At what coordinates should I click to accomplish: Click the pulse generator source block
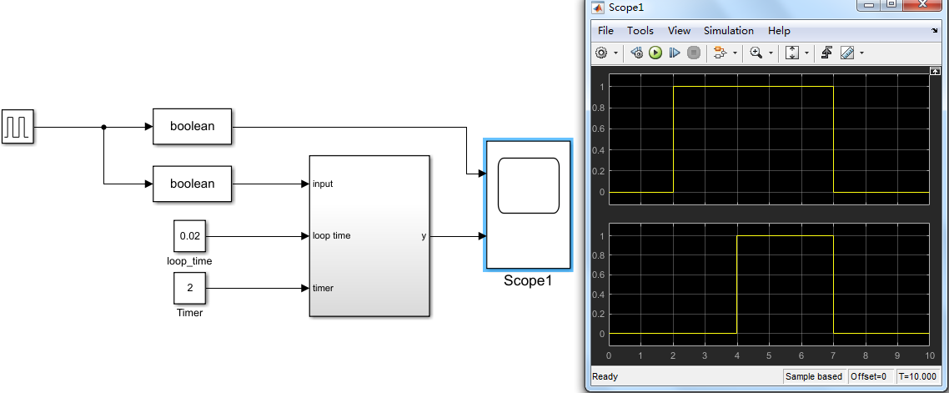(18, 127)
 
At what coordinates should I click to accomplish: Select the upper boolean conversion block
(192, 127)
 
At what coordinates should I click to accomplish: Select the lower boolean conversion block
(192, 184)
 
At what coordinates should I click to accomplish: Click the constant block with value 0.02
(190, 236)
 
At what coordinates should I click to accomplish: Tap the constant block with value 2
(190, 288)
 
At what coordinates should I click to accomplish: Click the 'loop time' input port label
(331, 236)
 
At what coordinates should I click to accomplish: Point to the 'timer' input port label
(323, 288)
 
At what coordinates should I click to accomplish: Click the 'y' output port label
(424, 236)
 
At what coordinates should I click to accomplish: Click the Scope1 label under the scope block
(528, 281)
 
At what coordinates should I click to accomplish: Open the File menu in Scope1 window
(605, 31)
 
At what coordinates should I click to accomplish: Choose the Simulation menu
(728, 31)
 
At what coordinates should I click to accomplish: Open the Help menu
(779, 31)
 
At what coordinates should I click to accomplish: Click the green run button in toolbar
(655, 53)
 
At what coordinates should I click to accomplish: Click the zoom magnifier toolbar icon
(756, 53)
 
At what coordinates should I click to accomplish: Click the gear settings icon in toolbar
(601, 53)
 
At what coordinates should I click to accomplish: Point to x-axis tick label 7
(833, 355)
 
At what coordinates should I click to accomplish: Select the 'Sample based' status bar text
(814, 376)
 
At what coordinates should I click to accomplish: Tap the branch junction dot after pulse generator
(103, 127)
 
